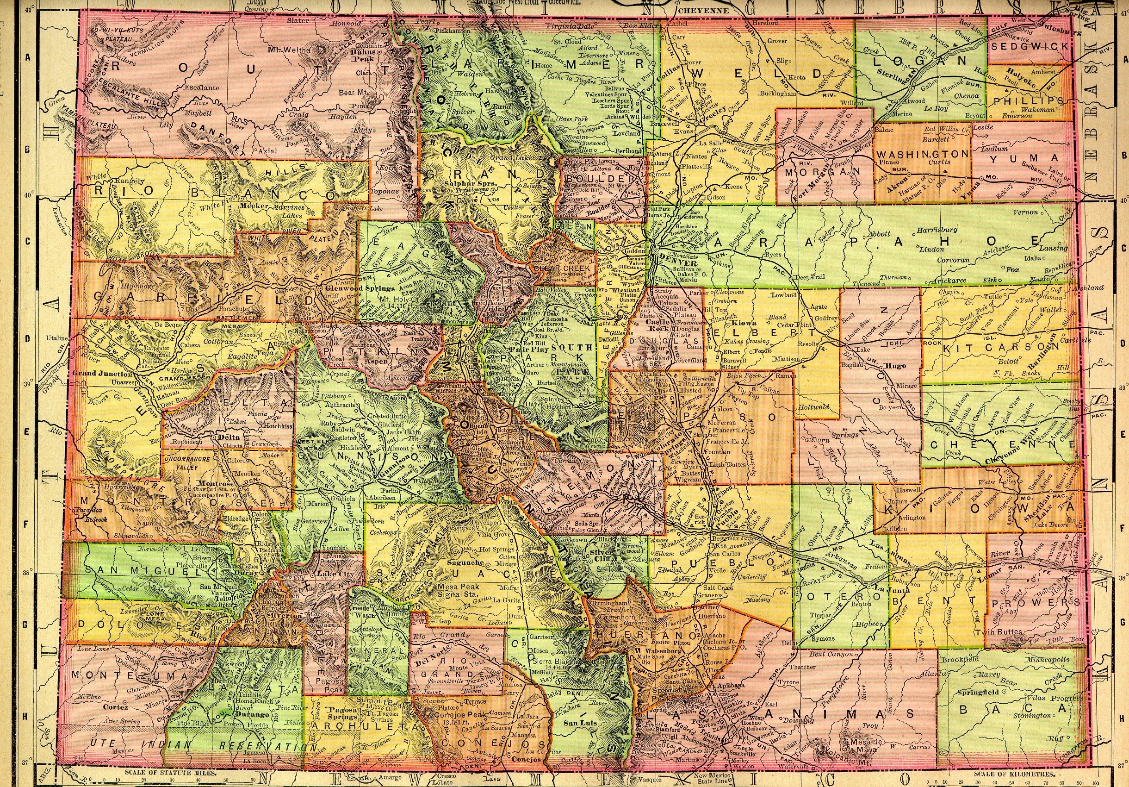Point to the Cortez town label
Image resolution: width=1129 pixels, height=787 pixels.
tap(117, 706)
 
